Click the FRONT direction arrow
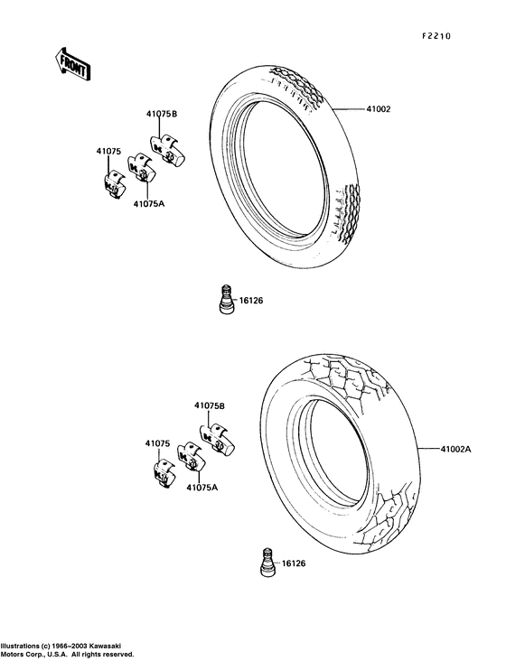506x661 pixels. point(73,64)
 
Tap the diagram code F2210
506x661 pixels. point(436,36)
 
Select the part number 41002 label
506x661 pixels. point(379,109)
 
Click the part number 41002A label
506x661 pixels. point(455,450)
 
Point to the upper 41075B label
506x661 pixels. point(162,114)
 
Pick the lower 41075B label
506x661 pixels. point(210,405)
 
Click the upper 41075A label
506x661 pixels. point(149,203)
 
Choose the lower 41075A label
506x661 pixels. point(202,488)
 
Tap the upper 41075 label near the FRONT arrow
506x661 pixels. point(108,152)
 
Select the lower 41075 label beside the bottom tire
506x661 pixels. point(158,443)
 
